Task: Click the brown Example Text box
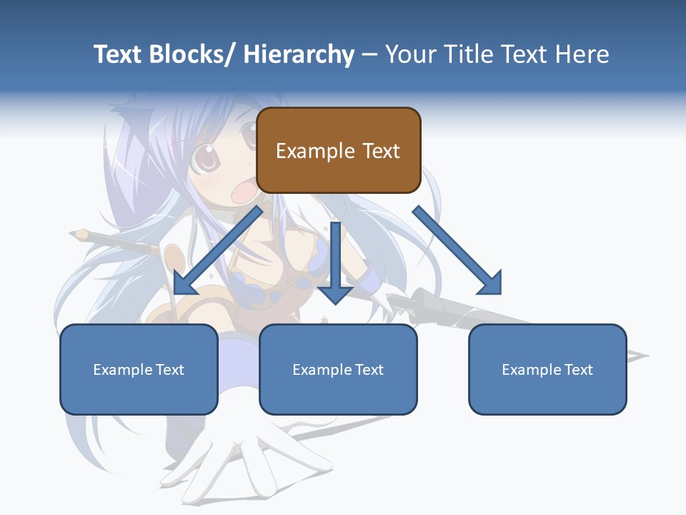[338, 150]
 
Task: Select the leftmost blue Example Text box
[139, 369]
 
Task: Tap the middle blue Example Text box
[338, 369]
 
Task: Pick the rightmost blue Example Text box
[547, 369]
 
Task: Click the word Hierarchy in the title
[299, 54]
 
